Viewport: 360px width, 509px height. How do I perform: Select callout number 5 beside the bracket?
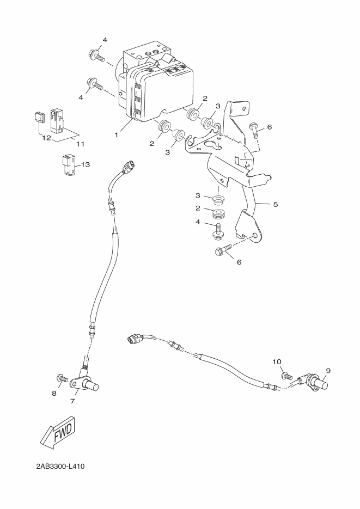[x=276, y=205]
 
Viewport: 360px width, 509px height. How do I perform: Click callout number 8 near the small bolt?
[x=54, y=393]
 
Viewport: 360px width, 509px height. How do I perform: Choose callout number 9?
[x=328, y=371]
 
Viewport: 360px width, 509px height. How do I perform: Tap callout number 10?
[x=277, y=361]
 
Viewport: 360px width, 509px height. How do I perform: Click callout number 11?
[x=80, y=144]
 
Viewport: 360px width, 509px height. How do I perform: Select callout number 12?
[x=46, y=138]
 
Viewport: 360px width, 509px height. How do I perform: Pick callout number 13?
[x=86, y=164]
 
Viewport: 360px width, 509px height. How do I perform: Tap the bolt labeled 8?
[x=60, y=377]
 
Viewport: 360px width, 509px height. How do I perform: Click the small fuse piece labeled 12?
[x=38, y=117]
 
